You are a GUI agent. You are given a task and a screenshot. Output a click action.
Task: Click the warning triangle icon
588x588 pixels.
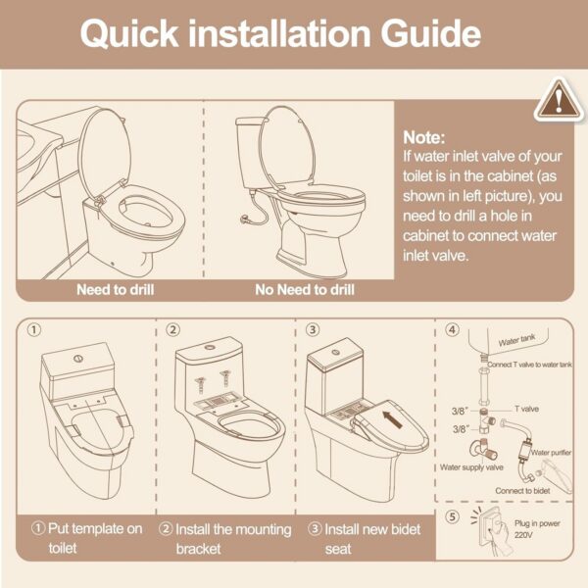coord(559,100)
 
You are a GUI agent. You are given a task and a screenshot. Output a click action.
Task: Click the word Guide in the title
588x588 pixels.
coord(431,33)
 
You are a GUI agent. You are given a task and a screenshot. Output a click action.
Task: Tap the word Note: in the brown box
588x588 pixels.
coord(424,137)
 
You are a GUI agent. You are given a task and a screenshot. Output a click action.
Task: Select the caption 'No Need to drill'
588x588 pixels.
coord(305,289)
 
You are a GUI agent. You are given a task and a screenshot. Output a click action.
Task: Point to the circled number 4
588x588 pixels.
coord(452,329)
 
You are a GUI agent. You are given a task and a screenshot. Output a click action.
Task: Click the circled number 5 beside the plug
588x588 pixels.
coord(452,516)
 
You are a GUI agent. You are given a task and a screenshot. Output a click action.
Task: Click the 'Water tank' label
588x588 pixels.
coord(516,340)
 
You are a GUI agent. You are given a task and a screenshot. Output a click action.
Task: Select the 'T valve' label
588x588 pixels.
coord(526,409)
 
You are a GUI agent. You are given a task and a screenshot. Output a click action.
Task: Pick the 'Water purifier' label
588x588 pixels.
coord(551,452)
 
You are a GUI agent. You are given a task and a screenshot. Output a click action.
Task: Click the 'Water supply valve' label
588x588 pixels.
coord(471,467)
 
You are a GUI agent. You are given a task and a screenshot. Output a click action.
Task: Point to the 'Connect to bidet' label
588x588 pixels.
coord(522,491)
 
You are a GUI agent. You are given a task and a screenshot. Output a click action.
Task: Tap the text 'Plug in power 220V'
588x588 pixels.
coord(537,529)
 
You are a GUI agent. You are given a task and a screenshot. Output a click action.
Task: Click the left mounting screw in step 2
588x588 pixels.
coord(200,385)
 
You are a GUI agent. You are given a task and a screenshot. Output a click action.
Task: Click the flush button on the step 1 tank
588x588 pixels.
coord(78,358)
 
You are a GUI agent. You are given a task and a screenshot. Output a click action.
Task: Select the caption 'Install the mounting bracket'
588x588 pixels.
coord(225,539)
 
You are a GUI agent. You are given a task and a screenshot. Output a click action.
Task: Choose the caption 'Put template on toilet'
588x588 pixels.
coord(87,538)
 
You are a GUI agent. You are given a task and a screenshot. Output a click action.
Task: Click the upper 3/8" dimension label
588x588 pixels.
coord(460,412)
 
